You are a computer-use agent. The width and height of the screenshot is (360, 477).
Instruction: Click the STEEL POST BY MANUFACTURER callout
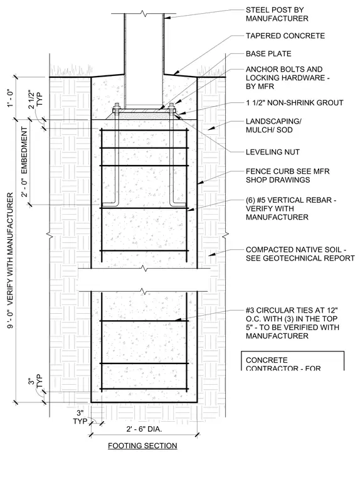[x=277, y=14]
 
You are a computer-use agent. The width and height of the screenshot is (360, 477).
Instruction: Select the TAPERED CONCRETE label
[x=285, y=36]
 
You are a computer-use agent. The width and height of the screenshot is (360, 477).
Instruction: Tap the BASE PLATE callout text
[x=268, y=54]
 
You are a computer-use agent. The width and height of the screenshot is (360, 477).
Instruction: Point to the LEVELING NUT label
[x=273, y=152]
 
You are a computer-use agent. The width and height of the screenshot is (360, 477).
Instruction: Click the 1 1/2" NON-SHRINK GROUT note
[x=295, y=103]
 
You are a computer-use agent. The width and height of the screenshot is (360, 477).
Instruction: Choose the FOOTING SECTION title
[x=142, y=446]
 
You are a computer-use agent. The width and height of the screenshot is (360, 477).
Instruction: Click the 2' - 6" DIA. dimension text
[x=144, y=429]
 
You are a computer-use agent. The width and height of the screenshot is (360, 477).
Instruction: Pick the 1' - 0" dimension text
[x=11, y=98]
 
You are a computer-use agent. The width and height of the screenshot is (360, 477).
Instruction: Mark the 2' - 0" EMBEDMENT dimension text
[x=24, y=162]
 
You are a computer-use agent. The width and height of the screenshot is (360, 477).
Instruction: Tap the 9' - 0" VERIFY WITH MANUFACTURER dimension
[x=10, y=260]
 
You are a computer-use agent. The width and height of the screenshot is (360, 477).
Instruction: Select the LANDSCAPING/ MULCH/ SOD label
[x=273, y=126]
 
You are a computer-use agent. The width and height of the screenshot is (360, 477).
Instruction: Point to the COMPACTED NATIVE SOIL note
[x=300, y=254]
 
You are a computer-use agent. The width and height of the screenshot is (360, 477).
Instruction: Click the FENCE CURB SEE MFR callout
[x=288, y=176]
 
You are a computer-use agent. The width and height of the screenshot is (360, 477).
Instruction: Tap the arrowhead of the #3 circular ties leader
[x=177, y=319]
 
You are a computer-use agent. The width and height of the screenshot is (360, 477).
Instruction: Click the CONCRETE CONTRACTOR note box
[x=292, y=361]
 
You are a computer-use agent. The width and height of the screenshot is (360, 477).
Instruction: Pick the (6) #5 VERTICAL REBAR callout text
[x=291, y=208]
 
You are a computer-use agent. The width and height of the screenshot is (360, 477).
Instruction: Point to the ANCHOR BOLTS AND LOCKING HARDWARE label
[x=288, y=78]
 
